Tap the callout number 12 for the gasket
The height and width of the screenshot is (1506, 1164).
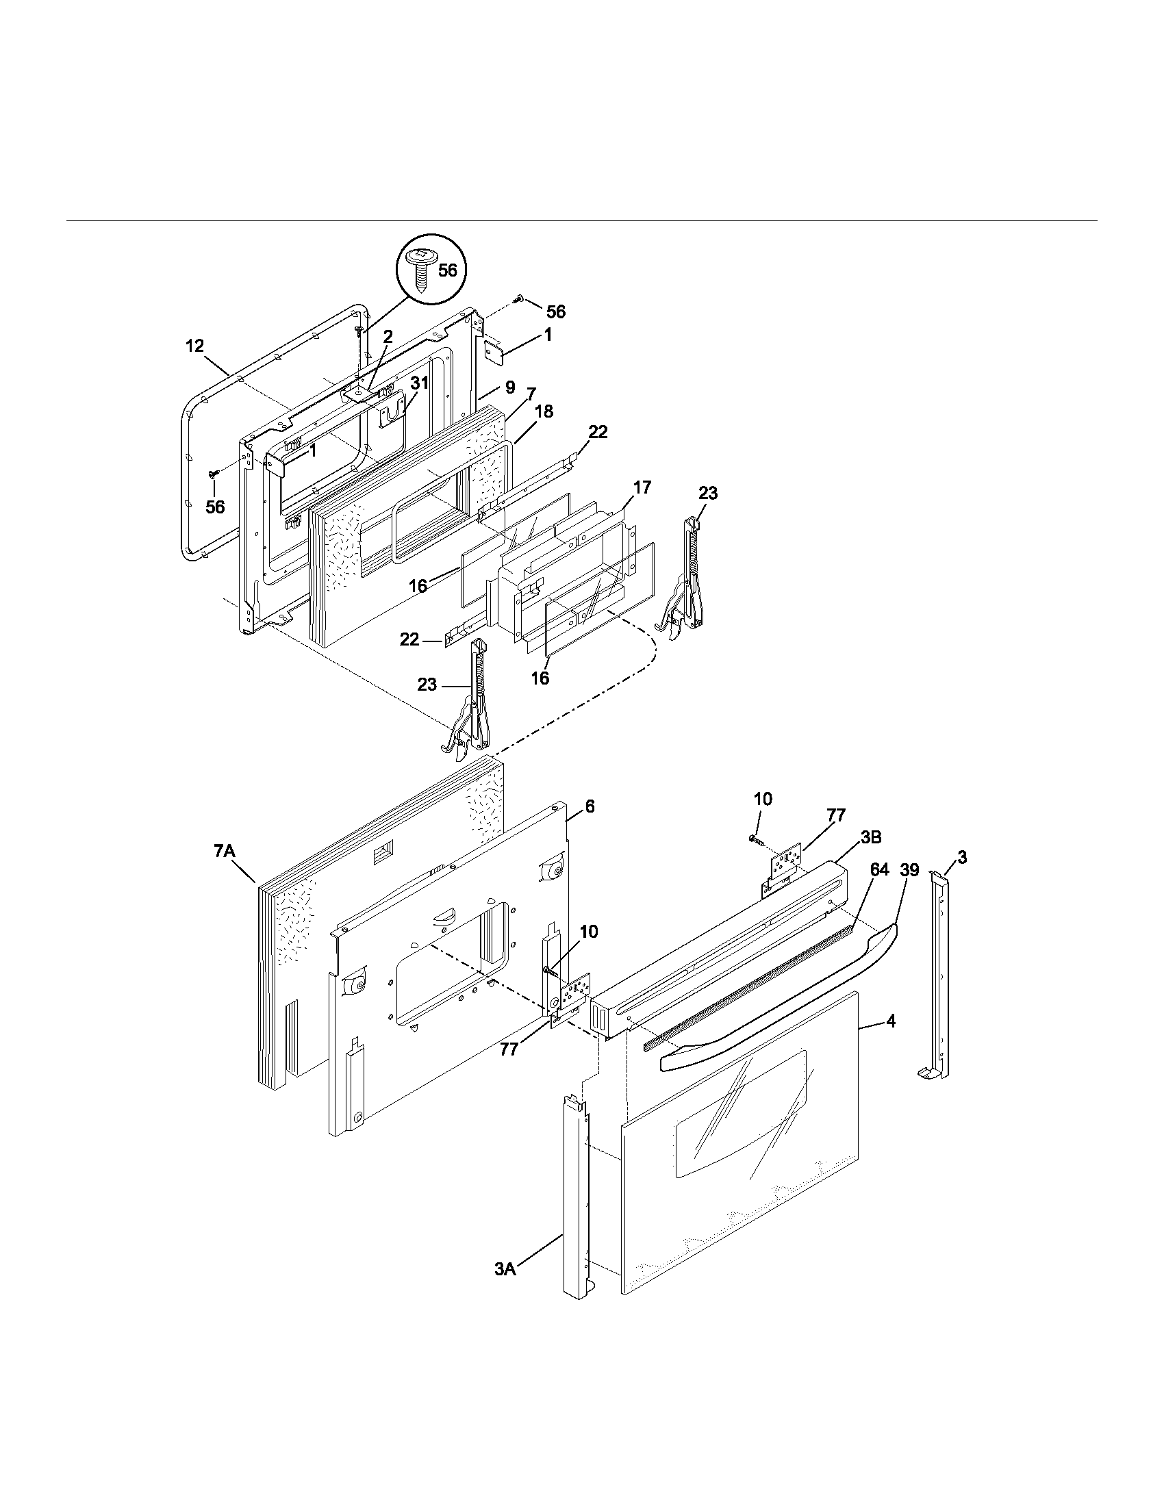(195, 346)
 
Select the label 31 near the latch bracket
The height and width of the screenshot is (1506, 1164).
(419, 384)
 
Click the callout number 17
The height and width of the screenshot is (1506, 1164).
(642, 487)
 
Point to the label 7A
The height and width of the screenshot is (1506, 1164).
(225, 852)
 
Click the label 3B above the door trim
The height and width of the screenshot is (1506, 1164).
(871, 837)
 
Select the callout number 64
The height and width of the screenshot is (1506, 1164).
(879, 870)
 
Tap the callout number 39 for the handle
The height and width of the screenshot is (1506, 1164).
(909, 870)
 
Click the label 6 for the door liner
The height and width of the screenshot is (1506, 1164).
(590, 806)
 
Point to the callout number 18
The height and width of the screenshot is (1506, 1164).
(544, 411)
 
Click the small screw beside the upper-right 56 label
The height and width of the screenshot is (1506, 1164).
(519, 298)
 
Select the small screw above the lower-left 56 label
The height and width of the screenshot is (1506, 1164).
(214, 473)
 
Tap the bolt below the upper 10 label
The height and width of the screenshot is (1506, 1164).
(755, 839)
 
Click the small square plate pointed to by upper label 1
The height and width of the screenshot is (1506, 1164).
(494, 355)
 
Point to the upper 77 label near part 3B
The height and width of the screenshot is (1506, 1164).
(836, 815)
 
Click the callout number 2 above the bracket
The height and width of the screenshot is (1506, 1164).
(388, 337)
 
